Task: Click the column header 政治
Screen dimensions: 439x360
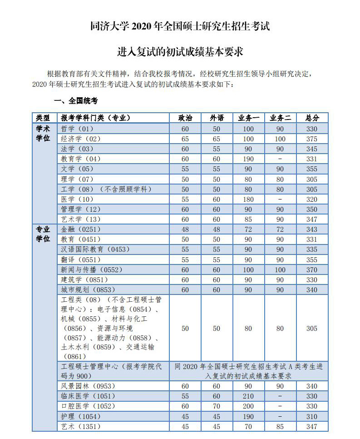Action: pos(185,118)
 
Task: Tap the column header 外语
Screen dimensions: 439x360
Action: pos(217,118)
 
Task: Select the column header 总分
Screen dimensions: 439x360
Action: pos(312,118)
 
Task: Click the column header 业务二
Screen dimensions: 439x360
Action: pos(280,118)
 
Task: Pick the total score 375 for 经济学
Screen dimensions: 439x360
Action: pos(312,139)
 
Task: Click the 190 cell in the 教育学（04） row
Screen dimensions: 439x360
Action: pos(248,159)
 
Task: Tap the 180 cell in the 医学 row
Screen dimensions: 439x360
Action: pos(248,199)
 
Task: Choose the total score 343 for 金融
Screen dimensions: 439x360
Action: pos(312,229)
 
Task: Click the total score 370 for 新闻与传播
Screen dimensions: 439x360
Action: pos(312,269)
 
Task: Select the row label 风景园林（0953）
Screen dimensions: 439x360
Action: pos(84,386)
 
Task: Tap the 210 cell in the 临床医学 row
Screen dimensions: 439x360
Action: pos(248,396)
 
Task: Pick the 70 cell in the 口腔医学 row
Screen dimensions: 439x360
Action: pos(217,406)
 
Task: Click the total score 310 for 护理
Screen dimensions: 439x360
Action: pos(312,416)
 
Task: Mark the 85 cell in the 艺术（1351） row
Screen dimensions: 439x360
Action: pos(280,426)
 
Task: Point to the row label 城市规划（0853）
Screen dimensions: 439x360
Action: pos(84,289)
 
